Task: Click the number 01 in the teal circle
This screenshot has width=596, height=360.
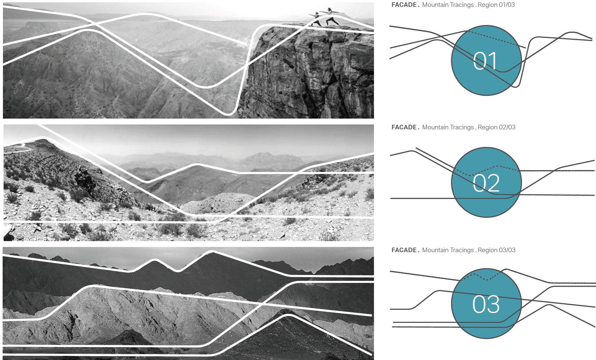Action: pyautogui.click(x=485, y=61)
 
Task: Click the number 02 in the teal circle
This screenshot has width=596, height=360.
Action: pyautogui.click(x=486, y=183)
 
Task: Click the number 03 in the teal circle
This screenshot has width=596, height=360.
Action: pyautogui.click(x=486, y=304)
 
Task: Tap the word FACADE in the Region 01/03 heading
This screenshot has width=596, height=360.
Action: pyautogui.click(x=404, y=5)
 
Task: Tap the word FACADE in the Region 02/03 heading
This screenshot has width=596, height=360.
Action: pyautogui.click(x=404, y=127)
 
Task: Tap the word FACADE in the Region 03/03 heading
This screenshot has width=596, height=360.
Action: pyautogui.click(x=404, y=250)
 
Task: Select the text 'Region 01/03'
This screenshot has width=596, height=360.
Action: pyautogui.click(x=496, y=5)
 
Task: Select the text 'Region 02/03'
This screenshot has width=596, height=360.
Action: pyautogui.click(x=497, y=127)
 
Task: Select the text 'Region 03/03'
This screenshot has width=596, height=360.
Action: pyautogui.click(x=497, y=250)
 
